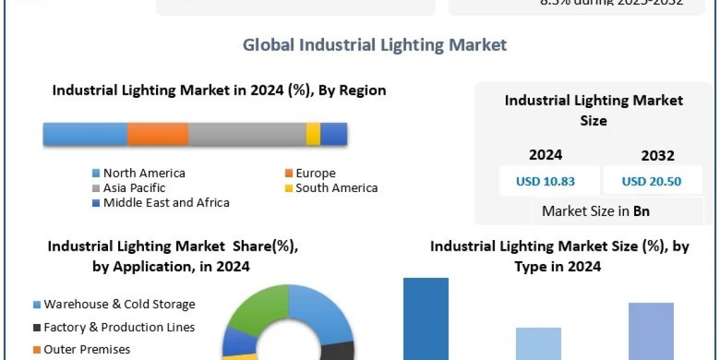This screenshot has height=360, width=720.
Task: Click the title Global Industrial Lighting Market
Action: tap(374, 45)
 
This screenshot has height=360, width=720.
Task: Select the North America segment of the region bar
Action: tap(85, 134)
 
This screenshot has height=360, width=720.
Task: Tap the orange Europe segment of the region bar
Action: tap(158, 134)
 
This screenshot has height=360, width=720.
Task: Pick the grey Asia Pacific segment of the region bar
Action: tap(247, 134)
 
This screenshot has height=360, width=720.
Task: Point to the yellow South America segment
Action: tap(313, 134)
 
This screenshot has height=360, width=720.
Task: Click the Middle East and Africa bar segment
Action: tap(334, 134)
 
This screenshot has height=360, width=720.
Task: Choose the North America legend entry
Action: tap(144, 173)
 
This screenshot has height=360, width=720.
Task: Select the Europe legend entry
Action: tap(315, 173)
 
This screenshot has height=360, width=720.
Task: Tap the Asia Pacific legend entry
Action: tap(134, 188)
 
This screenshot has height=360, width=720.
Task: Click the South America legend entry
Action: tap(336, 188)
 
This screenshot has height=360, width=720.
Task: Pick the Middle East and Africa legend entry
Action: tap(166, 203)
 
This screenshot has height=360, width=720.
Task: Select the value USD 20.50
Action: tap(652, 181)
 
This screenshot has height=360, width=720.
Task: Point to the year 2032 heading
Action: tap(658, 155)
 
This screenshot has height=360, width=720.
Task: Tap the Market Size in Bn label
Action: tap(595, 211)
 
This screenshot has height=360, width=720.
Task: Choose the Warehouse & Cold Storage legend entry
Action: tap(119, 304)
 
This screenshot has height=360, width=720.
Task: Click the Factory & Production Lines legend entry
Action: tap(119, 327)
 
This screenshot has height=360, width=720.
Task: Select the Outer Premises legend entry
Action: tap(86, 349)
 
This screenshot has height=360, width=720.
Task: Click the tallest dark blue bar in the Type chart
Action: tap(425, 318)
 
